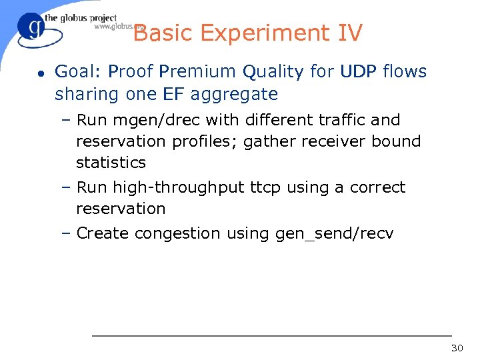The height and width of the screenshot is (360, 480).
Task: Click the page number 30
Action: tap(457, 348)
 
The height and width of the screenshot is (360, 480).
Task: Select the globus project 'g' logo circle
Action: tap(32, 29)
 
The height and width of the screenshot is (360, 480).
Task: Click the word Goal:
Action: tap(79, 72)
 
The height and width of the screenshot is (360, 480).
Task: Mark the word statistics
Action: tap(111, 162)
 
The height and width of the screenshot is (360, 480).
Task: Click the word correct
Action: tap(378, 187)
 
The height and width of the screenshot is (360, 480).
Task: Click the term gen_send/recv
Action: tap(334, 234)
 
